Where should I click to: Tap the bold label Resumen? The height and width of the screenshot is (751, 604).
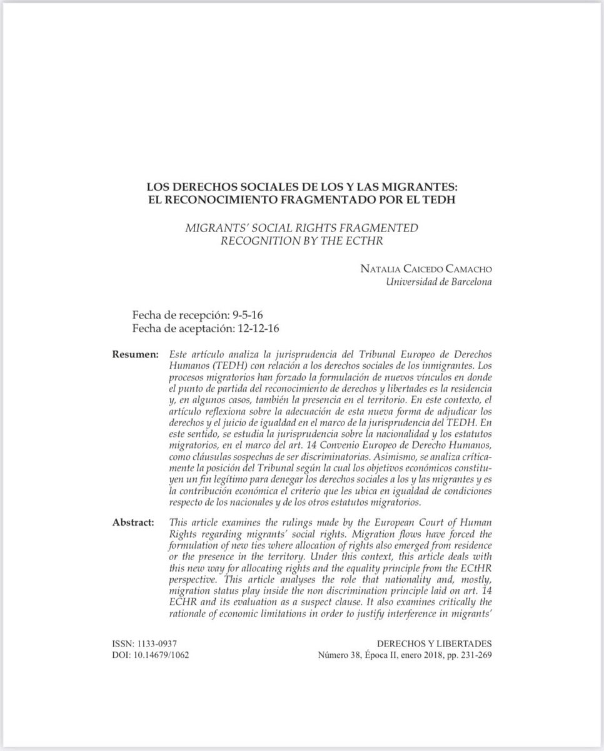tap(136, 355)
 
